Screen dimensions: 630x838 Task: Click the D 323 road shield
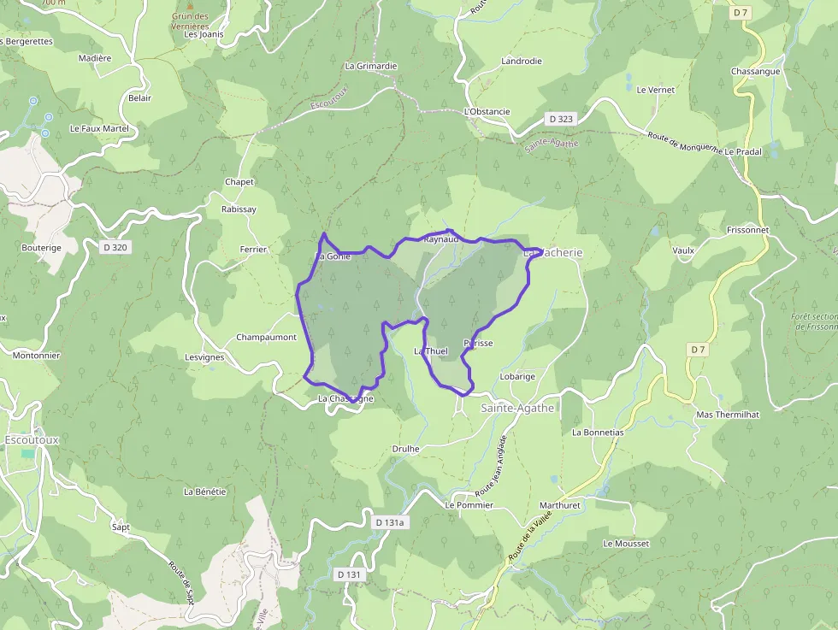pos(561,119)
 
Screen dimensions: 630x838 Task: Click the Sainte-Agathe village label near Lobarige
pos(517,408)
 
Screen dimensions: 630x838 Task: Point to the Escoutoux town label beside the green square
pos(32,439)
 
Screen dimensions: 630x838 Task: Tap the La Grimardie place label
pos(371,66)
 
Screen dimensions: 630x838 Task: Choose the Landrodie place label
pos(522,62)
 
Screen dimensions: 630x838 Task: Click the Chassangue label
pos(755,71)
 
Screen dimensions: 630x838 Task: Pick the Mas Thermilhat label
pos(728,415)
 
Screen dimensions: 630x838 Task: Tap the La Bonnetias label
pos(598,432)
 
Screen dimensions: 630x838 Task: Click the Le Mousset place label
pos(626,544)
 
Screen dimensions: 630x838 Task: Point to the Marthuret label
pos(560,505)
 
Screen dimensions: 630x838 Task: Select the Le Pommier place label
pos(469,505)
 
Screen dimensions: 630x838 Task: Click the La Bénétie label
pos(205,492)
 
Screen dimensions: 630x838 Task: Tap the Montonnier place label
pos(36,355)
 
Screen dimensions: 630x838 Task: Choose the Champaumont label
pos(266,338)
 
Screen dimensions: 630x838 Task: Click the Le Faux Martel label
pos(98,128)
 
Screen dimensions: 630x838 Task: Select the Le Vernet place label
pos(656,90)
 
